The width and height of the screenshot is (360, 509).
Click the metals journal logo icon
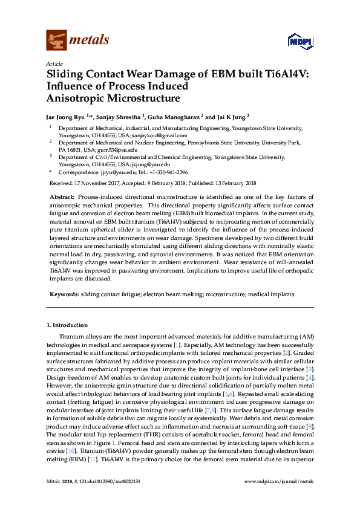[57, 41]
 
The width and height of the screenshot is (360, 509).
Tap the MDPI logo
[299, 41]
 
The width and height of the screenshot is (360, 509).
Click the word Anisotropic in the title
[77, 97]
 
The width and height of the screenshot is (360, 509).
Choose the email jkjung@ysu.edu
[150, 164]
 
